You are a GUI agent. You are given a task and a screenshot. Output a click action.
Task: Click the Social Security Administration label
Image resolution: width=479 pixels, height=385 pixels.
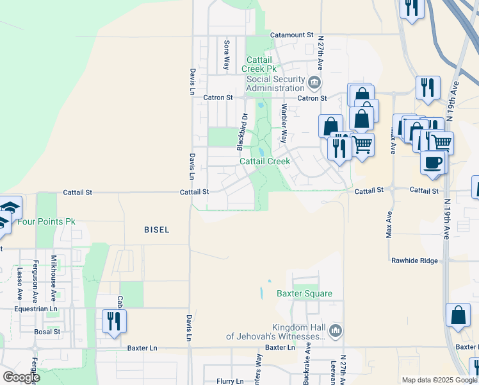(275, 83)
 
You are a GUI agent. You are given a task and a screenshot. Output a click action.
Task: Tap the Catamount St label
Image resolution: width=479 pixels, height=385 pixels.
(291, 35)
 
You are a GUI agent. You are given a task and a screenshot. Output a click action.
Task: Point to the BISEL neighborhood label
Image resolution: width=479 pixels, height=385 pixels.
(157, 230)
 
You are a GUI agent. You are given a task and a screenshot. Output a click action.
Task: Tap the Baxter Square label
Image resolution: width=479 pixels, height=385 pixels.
(304, 294)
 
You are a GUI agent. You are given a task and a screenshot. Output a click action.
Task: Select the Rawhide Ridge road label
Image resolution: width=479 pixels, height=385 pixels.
(415, 261)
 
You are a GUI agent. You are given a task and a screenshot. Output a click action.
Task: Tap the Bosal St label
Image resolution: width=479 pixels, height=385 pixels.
(47, 332)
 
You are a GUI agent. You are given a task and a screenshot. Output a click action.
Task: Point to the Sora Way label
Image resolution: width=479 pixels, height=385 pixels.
(227, 54)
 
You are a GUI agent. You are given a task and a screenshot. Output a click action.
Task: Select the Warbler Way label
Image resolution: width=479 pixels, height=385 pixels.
(284, 119)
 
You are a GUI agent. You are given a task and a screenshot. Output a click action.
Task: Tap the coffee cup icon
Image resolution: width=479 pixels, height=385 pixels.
(432, 161)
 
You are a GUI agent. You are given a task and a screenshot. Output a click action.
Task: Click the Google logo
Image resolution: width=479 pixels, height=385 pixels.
(20, 377)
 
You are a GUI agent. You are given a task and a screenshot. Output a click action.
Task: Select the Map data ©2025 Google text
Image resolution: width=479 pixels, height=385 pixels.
(439, 380)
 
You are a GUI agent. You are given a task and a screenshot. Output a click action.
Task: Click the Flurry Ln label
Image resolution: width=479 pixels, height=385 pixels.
(230, 381)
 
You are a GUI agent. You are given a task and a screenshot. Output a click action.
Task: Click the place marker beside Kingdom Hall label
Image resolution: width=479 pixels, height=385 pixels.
(337, 331)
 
